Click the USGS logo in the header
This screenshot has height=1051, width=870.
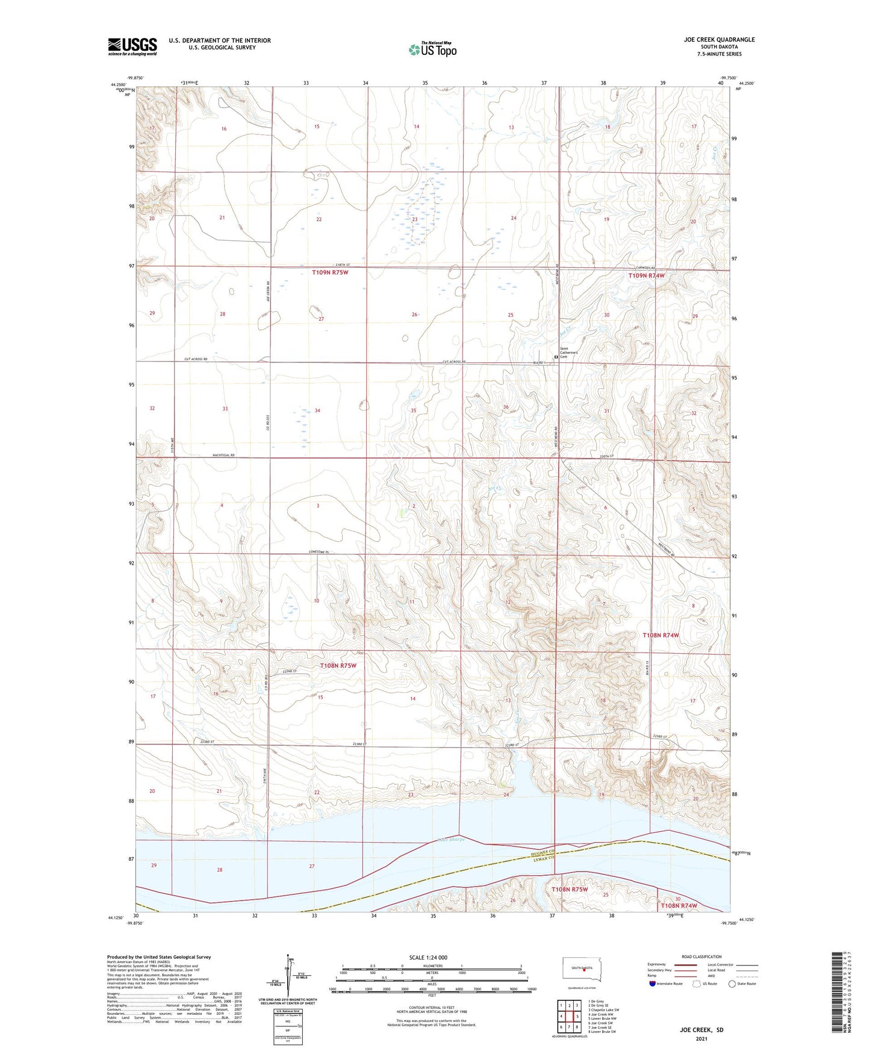coord(132,46)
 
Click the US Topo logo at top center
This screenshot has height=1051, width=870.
coord(432,49)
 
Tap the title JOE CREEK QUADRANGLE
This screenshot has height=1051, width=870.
coord(719,40)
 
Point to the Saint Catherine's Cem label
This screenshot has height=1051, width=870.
coord(569,353)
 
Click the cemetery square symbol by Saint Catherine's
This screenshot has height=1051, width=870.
coord(556,356)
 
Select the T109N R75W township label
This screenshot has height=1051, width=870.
coord(330,273)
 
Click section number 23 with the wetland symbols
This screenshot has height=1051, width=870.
coord(414,220)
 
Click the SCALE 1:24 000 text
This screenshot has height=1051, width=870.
coord(428,957)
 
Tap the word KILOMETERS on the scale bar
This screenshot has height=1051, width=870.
coord(431,966)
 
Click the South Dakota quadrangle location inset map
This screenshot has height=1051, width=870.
coord(581,969)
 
